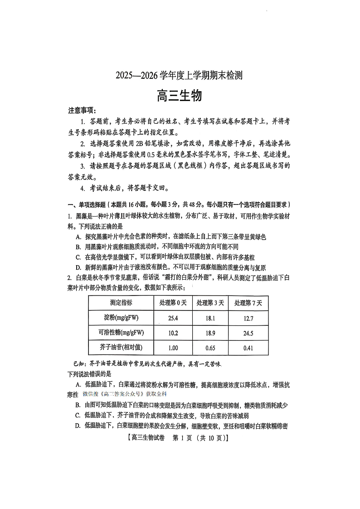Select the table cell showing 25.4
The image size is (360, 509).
tap(173, 318)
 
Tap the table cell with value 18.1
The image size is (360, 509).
tap(210, 318)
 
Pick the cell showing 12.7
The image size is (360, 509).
tap(248, 318)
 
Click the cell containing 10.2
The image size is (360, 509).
tap(173, 333)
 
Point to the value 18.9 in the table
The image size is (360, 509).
tap(210, 333)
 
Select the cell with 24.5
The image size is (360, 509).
tap(248, 333)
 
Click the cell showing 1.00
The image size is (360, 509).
tap(173, 348)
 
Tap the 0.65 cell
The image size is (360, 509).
tap(210, 348)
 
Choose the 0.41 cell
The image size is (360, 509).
tap(248, 348)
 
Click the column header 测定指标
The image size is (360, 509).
tap(121, 303)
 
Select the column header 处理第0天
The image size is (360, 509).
tap(173, 303)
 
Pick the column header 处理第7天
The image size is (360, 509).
tap(248, 303)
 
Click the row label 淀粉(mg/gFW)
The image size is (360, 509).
tap(121, 318)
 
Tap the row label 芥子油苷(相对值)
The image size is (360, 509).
tap(121, 348)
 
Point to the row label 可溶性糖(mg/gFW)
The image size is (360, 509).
tap(121, 333)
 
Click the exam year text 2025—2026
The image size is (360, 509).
tap(135, 76)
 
